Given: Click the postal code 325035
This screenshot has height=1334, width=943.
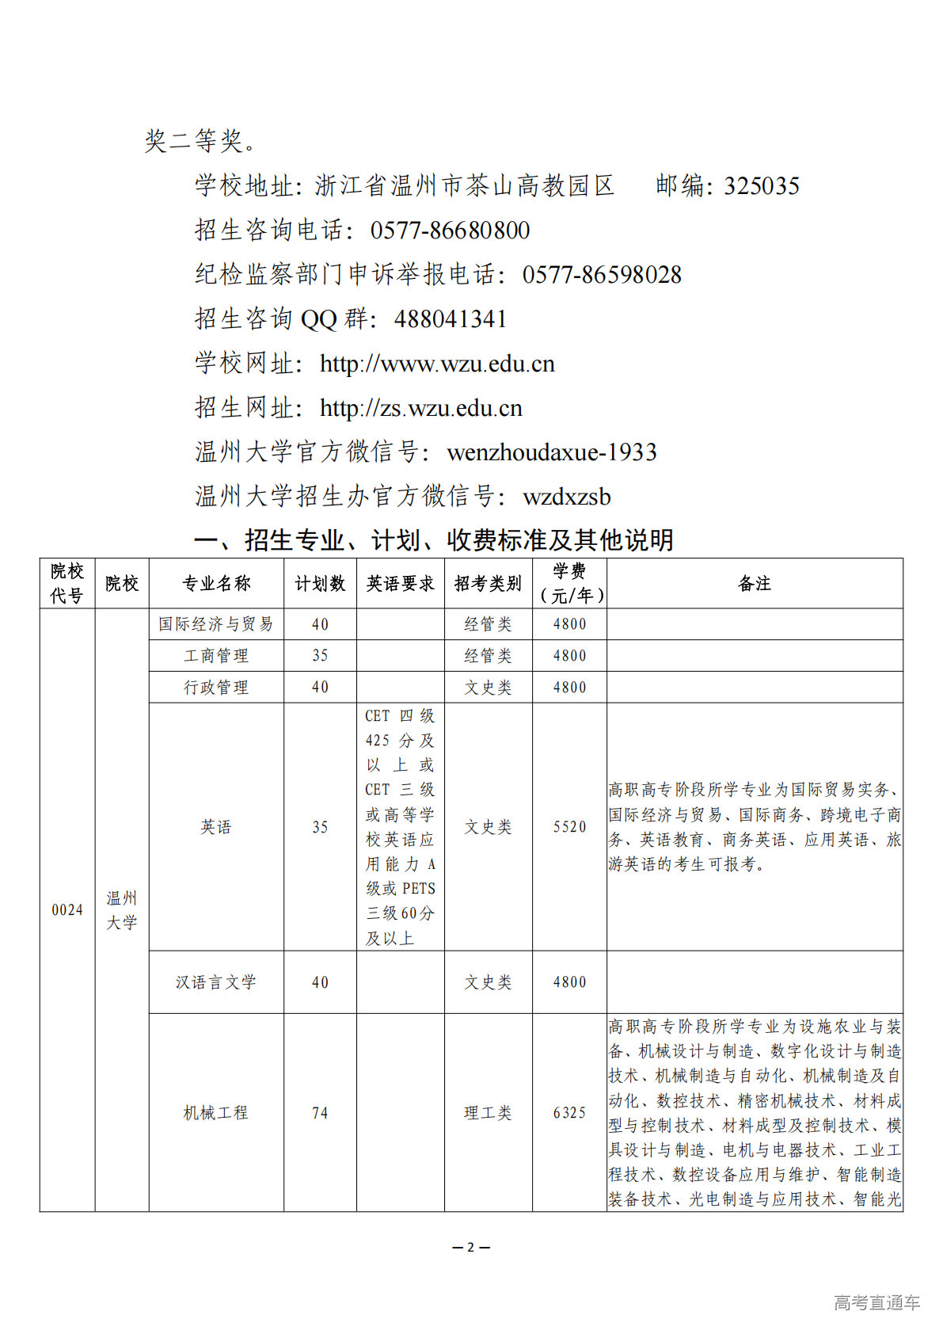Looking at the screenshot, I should coord(762,186).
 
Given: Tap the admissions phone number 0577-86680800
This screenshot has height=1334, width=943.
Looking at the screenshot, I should coord(450,231).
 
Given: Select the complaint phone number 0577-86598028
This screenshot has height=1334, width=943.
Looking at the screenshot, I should coord(602,275).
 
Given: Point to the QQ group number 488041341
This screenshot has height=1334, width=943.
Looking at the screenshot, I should coord(450,319).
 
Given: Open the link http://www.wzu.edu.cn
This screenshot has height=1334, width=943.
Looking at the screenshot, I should coord(437,364).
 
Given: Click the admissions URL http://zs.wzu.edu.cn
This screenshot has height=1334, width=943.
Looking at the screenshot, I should coord(421,408).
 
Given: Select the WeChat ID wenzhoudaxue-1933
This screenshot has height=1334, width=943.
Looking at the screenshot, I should coord(552,452).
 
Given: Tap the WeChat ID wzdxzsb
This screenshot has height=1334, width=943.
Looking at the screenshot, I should coord(567,497).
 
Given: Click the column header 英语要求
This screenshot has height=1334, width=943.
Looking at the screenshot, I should coord(400,584).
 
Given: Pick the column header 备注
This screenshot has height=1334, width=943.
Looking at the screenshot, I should coord(754,584).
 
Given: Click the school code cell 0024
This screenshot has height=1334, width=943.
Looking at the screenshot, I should coord(67,910).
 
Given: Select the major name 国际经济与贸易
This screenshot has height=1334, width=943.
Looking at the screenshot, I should coord(215,624).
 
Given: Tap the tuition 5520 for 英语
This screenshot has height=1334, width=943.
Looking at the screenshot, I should coord(569,827).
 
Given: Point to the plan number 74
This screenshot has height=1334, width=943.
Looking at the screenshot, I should coord(320,1113).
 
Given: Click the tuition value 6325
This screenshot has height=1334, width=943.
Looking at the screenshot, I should coord(569,1113).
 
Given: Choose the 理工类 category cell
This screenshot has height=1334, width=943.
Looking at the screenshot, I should coord(488,1113).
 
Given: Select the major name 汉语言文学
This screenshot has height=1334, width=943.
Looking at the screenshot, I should coord(215,982).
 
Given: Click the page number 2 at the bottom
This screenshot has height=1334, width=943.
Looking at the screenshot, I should coord(471,1247).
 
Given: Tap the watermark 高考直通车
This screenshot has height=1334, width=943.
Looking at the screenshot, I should coord(876,1302).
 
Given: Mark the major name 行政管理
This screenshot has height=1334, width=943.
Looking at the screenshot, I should coord(215,688).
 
